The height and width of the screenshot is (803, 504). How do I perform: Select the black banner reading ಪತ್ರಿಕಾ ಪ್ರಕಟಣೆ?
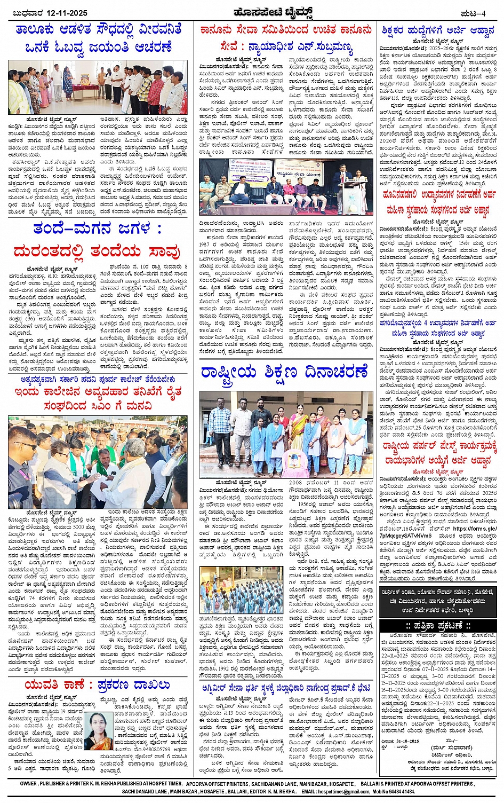tap(437, 625)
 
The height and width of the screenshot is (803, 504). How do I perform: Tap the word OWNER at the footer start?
tap(29, 783)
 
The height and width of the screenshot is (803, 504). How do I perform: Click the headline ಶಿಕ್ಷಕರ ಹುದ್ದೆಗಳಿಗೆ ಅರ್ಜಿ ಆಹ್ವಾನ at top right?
tap(437, 30)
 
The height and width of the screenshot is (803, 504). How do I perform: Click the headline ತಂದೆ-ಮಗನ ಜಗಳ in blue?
tap(97, 229)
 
